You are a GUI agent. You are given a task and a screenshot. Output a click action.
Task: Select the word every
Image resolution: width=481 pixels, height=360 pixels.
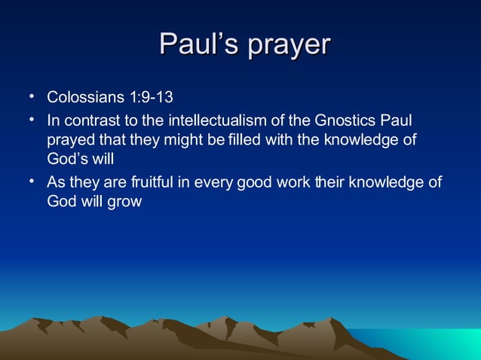(x=213, y=182)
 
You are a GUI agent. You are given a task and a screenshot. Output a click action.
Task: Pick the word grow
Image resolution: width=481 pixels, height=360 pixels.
(x=126, y=203)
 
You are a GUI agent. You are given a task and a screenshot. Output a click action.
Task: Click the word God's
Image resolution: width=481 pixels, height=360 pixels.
(x=67, y=160)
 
